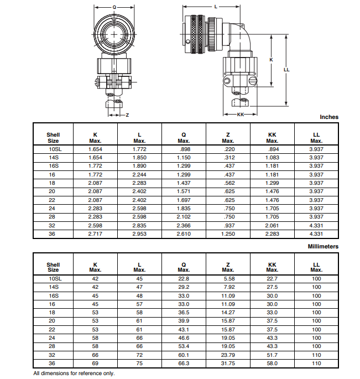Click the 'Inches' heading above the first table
329,117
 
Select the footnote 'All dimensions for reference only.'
74,373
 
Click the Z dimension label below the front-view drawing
127,115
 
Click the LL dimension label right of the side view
286,70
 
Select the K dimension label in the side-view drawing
271,60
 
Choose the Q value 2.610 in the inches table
184,235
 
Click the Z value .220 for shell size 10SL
228,149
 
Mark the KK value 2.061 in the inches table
272,226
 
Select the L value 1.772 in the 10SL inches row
139,149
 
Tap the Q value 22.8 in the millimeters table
184,279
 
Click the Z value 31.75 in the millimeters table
228,364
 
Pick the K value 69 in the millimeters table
95,364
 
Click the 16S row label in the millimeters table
53,296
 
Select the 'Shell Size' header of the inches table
53,138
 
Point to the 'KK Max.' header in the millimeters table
272,267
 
